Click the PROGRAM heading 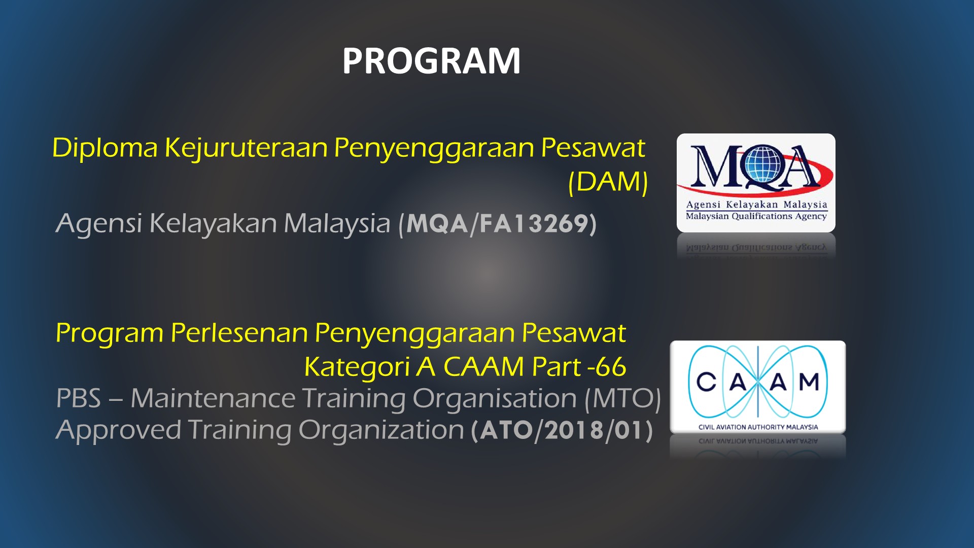(x=431, y=61)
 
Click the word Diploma (x=105, y=149)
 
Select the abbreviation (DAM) (x=608, y=182)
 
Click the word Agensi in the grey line (x=99, y=224)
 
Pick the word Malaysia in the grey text (x=337, y=224)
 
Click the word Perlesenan (x=239, y=333)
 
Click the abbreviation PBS (x=79, y=398)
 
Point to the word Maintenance (x=213, y=398)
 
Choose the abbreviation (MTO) (x=622, y=399)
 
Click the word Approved (x=118, y=431)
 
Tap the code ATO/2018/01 (x=562, y=431)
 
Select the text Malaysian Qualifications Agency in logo (x=756, y=216)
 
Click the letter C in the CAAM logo (x=706, y=382)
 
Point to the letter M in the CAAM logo (x=809, y=382)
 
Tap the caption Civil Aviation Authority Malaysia (x=758, y=427)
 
